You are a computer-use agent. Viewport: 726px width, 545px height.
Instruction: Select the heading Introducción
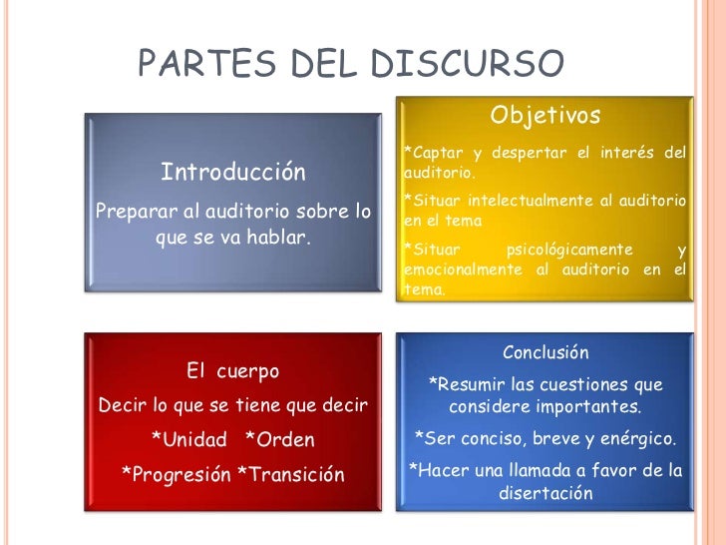click(x=233, y=172)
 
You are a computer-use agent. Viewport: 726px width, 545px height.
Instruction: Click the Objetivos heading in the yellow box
click(x=544, y=117)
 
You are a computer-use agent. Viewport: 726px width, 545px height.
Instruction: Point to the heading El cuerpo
click(x=233, y=371)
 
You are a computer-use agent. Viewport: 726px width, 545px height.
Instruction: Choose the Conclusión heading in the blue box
click(x=545, y=352)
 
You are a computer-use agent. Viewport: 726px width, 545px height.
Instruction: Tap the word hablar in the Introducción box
click(x=277, y=238)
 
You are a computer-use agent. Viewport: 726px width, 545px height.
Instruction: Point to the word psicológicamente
click(x=569, y=249)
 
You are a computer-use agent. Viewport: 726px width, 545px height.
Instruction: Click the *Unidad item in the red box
click(x=188, y=439)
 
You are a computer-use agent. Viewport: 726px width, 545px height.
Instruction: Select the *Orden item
click(x=279, y=439)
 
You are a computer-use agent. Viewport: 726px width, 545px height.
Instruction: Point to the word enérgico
click(x=639, y=438)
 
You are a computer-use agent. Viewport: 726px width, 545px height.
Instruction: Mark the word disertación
click(x=545, y=493)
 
